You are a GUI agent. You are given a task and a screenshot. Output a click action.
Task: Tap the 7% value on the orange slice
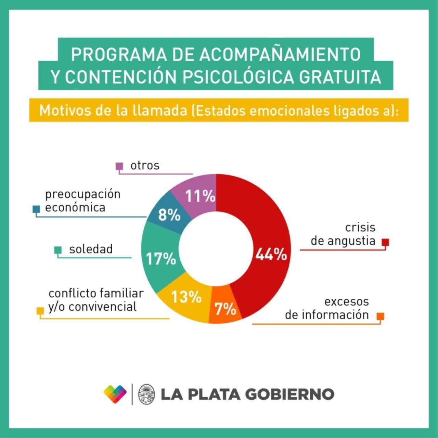pyautogui.click(x=226, y=309)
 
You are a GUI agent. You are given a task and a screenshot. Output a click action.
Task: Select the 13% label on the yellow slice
pyautogui.click(x=186, y=297)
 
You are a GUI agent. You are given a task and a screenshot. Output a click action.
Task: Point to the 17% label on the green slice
pyautogui.click(x=161, y=259)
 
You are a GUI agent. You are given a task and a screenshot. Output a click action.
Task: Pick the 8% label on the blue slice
pyautogui.click(x=169, y=215)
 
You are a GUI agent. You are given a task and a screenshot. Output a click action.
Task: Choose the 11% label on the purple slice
pyautogui.click(x=200, y=196)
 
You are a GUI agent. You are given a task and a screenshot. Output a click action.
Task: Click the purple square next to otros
pyautogui.click(x=119, y=166)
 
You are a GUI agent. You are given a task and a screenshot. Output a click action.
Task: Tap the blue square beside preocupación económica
pyautogui.click(x=36, y=209)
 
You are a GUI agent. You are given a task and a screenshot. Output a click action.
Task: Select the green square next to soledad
pyautogui.click(x=58, y=250)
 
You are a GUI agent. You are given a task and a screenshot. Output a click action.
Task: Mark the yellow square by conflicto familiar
pyautogui.click(x=40, y=311)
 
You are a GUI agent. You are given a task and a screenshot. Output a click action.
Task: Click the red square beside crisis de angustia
pyautogui.click(x=385, y=242)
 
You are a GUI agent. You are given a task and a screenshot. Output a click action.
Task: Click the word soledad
pyautogui.click(x=91, y=249)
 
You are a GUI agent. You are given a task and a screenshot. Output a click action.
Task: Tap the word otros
pyautogui.click(x=145, y=166)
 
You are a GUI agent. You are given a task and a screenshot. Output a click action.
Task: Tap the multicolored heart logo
pyautogui.click(x=115, y=394)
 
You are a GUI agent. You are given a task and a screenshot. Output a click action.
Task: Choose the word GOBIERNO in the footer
pyautogui.click(x=289, y=394)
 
